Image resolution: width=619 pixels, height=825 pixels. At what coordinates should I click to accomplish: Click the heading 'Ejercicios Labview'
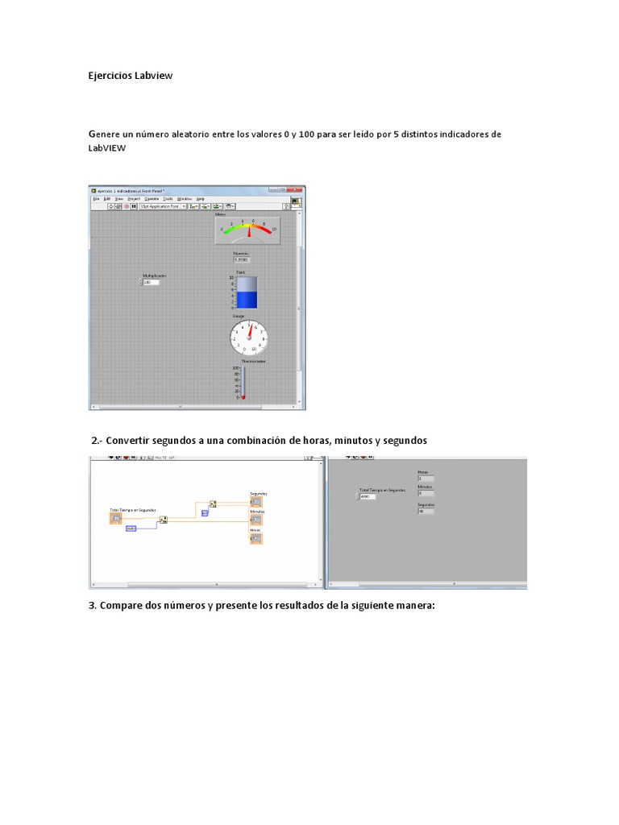(x=130, y=76)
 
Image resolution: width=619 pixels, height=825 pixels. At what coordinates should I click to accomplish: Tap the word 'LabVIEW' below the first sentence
(x=107, y=148)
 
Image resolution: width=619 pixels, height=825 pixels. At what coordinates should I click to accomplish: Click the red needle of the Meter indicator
(x=250, y=231)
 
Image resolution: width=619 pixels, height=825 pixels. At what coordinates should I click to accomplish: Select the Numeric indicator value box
(x=242, y=260)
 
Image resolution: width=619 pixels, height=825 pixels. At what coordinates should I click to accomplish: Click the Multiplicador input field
(x=151, y=282)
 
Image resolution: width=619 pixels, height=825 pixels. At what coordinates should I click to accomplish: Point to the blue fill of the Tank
(x=247, y=300)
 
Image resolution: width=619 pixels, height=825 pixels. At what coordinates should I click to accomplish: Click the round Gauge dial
(x=249, y=338)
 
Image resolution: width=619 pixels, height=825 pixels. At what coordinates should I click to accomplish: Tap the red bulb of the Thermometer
(x=241, y=397)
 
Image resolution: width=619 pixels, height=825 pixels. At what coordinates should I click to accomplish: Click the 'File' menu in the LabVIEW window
(x=96, y=198)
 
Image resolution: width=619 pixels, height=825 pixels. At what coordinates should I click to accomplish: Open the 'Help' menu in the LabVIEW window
(x=201, y=198)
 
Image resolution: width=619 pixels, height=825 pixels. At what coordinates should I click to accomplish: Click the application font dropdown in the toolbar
(x=163, y=206)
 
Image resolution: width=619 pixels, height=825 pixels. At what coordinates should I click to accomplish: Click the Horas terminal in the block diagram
(x=256, y=538)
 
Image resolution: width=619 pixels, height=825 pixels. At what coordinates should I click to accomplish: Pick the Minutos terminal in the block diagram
(x=256, y=520)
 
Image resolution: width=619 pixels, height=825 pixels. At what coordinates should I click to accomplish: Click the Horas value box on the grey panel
(x=426, y=479)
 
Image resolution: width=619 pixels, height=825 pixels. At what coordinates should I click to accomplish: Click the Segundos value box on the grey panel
(x=426, y=511)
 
